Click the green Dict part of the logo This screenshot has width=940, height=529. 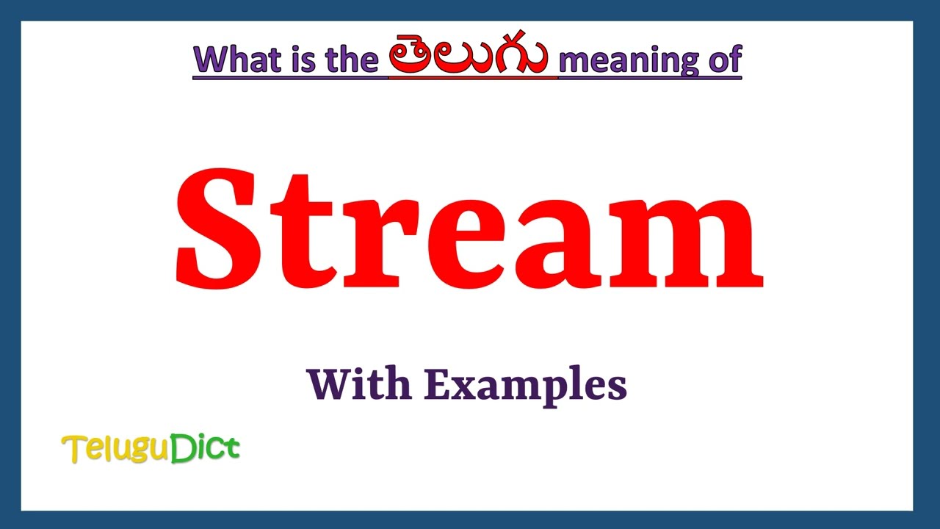tap(206, 448)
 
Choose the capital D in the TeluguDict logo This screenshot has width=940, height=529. tap(181, 448)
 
